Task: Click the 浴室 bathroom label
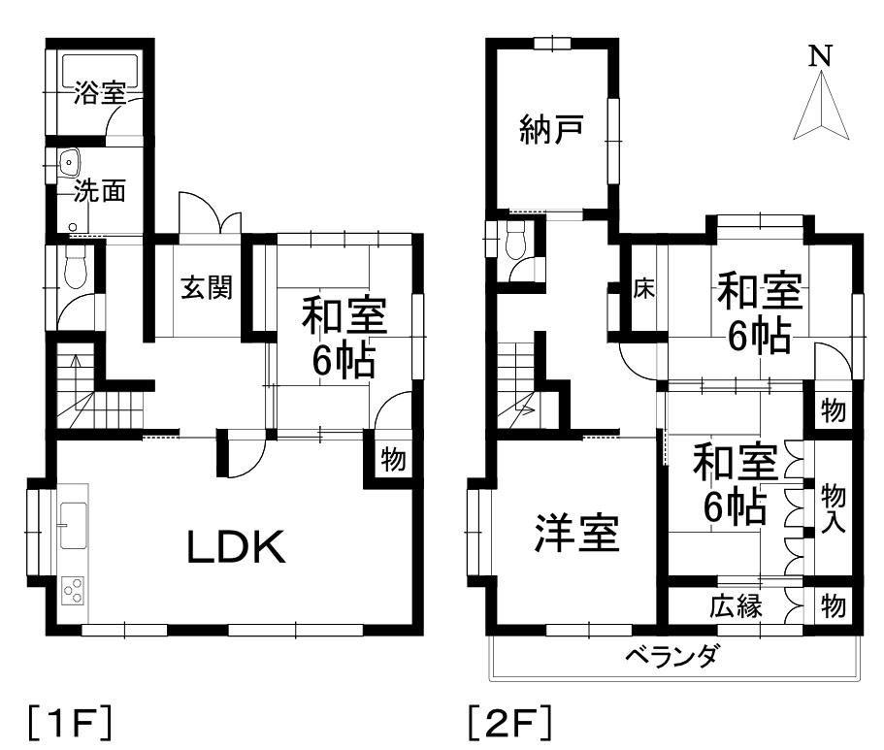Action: coord(100,93)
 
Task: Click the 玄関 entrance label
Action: coord(207,288)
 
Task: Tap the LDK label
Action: coord(236,549)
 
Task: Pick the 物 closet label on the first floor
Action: coord(392,458)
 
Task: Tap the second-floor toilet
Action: coord(514,236)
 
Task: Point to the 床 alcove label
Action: coord(643,289)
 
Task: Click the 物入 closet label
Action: coord(834,506)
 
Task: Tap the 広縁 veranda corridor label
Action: coord(735,608)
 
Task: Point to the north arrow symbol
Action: coord(820,102)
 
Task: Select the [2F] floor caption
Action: coord(509,723)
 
